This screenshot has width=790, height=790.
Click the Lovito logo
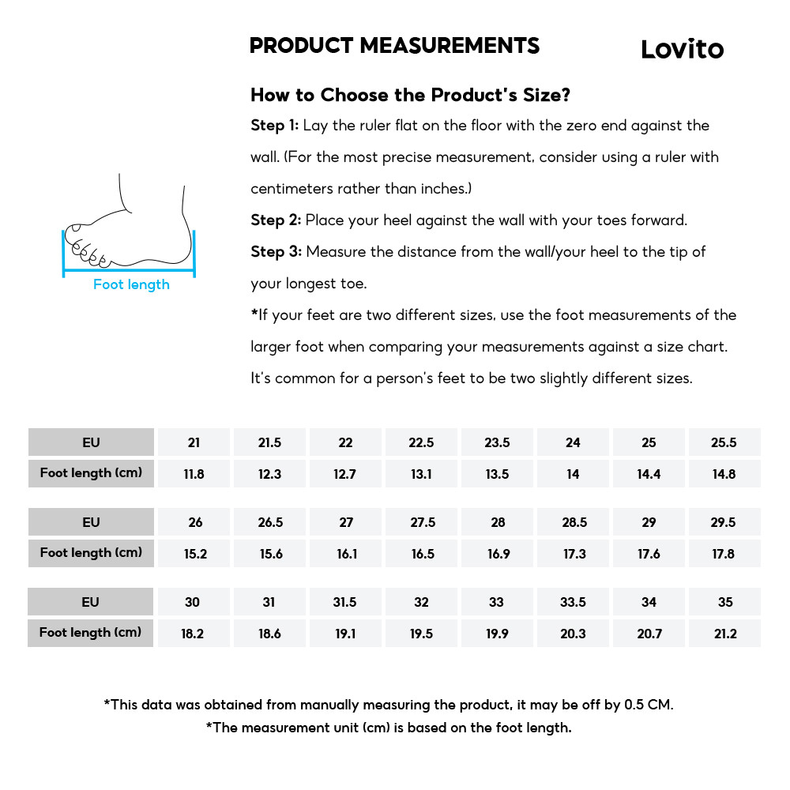(x=682, y=49)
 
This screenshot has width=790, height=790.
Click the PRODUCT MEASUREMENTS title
(x=394, y=46)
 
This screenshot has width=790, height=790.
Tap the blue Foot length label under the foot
(x=131, y=284)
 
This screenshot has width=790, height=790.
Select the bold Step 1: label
(x=274, y=126)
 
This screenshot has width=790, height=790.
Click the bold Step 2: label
(x=276, y=220)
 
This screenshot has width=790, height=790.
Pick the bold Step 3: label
(x=276, y=252)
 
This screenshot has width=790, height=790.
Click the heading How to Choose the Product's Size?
(x=410, y=95)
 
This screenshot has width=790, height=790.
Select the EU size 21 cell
(x=194, y=442)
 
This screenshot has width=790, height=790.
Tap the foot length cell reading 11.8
(x=194, y=474)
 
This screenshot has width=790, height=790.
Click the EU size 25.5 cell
(x=724, y=442)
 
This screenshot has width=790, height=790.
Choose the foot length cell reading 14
(x=573, y=474)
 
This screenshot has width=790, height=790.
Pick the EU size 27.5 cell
(x=423, y=522)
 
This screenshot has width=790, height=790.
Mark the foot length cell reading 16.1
(x=347, y=554)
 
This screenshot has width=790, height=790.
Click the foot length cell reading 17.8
(x=724, y=554)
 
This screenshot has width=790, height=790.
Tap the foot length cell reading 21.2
(x=724, y=634)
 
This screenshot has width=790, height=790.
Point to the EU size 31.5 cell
(x=344, y=602)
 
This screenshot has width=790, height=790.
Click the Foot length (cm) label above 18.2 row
(x=90, y=632)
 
